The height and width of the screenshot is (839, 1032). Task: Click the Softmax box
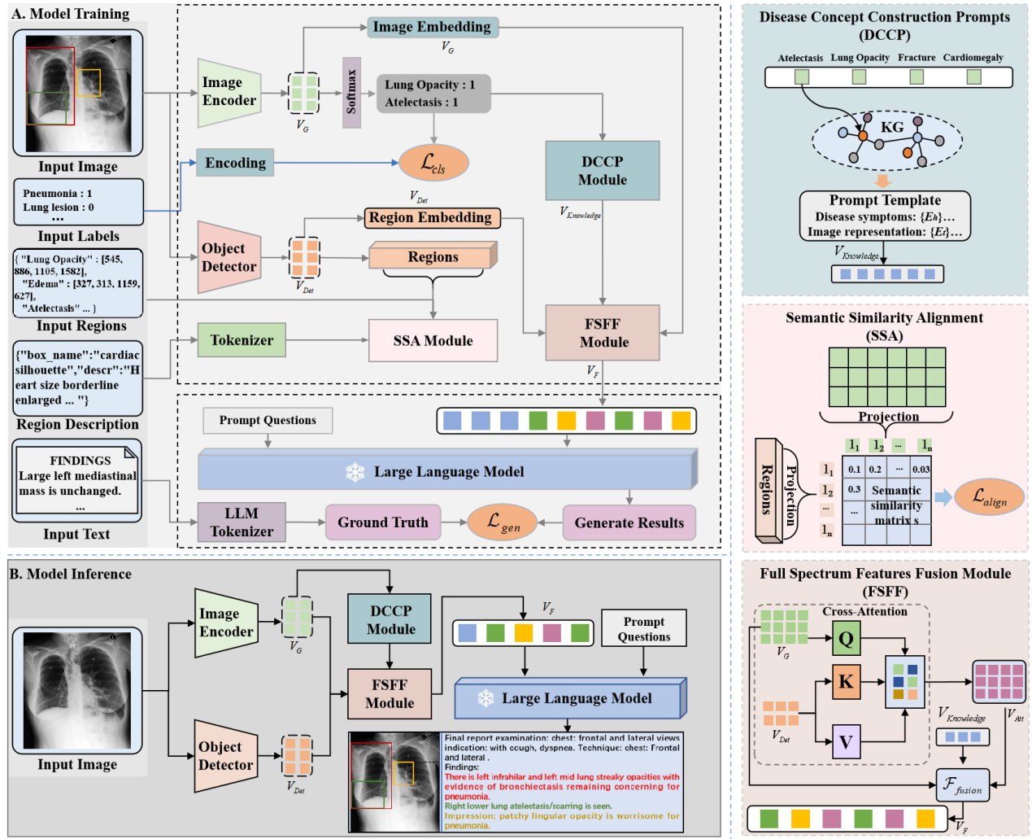click(351, 93)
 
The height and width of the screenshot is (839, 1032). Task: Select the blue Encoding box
click(235, 163)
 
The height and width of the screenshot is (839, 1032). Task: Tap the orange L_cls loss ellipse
click(433, 164)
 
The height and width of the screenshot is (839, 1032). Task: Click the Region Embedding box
click(430, 218)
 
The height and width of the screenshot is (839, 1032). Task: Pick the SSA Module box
click(433, 340)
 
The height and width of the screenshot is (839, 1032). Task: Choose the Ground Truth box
click(383, 522)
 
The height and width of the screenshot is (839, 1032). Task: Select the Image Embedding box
click(432, 27)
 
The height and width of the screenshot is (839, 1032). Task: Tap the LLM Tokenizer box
click(242, 522)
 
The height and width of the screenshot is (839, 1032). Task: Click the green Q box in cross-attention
click(846, 639)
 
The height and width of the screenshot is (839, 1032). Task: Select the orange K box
click(846, 681)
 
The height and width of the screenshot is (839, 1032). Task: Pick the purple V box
click(846, 741)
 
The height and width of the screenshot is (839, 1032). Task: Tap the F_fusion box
click(962, 785)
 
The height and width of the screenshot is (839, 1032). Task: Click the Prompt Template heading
click(885, 200)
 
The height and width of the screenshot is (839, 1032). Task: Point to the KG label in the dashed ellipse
click(892, 127)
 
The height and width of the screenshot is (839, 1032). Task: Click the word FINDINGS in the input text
click(80, 461)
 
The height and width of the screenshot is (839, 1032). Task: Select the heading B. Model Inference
click(70, 574)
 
